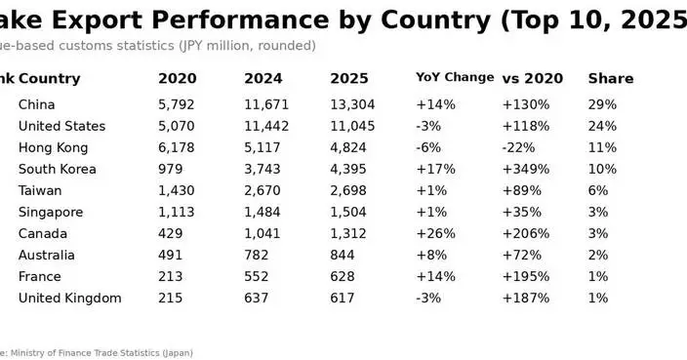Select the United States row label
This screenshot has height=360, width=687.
tap(61, 126)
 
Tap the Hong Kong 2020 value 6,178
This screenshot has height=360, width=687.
tap(178, 147)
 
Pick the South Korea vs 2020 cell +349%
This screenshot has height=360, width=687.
tap(526, 169)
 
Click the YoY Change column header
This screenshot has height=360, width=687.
tap(455, 78)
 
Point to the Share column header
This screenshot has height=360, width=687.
tap(610, 78)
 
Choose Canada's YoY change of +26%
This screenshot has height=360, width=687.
tap(435, 233)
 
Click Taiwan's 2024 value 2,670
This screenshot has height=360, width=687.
tap(263, 190)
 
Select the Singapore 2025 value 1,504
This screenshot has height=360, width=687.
tap(349, 212)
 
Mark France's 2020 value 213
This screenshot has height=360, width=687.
tap(171, 276)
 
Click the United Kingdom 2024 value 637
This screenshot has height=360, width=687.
tap(256, 298)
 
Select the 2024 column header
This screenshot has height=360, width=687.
tap(263, 78)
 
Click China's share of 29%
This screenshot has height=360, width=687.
tap(602, 104)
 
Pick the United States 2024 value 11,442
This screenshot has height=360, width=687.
tap(267, 126)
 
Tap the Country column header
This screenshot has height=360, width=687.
tap(49, 78)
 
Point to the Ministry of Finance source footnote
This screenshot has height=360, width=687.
tap(98, 352)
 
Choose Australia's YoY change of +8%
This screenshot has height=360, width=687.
tap(431, 255)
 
